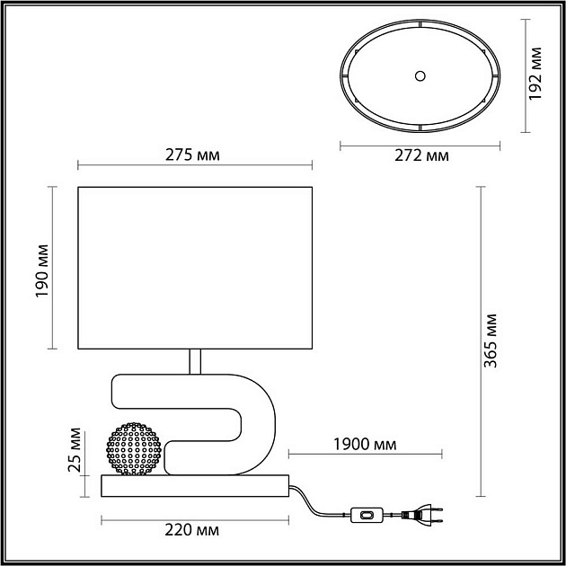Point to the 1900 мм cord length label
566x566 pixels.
point(364,442)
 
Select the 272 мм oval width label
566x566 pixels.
point(422,155)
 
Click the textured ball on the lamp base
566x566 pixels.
point(135,447)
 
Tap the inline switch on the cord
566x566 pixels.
point(367,515)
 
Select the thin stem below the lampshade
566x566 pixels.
point(193,362)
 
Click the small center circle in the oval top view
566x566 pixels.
point(420,77)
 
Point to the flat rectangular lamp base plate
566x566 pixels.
point(194,486)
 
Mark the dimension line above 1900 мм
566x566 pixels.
point(364,455)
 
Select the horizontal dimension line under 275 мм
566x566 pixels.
point(194,165)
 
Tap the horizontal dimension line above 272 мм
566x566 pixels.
point(421,144)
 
